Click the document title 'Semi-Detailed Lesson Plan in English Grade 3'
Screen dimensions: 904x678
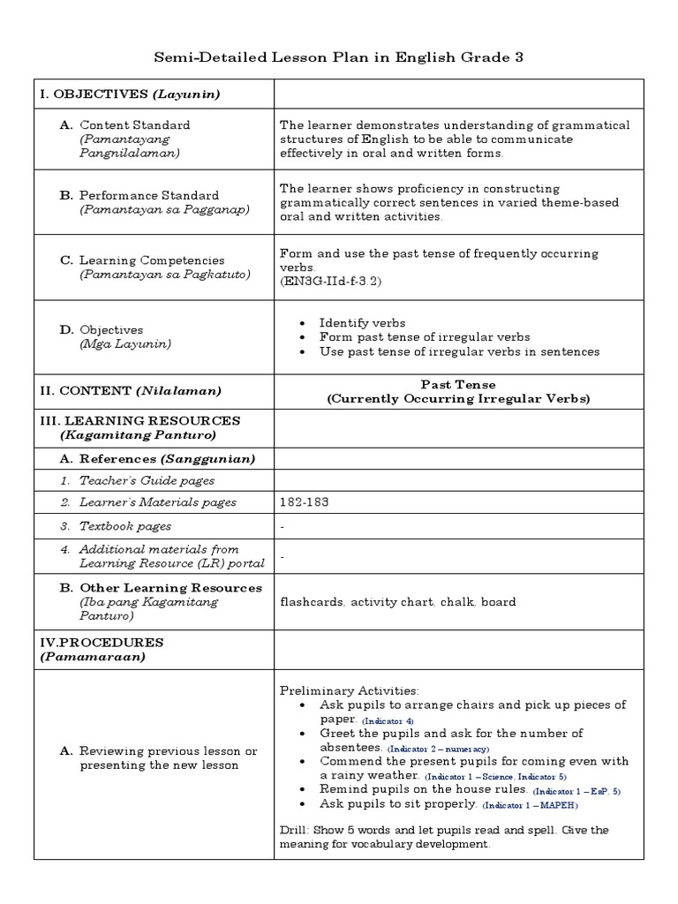pyautogui.click(x=339, y=57)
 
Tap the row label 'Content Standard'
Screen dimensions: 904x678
pyautogui.click(x=134, y=125)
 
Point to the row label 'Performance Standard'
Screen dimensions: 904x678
pyautogui.click(x=148, y=195)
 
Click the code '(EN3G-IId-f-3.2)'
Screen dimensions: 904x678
pyautogui.click(x=332, y=281)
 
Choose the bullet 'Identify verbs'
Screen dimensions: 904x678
pyautogui.click(x=362, y=323)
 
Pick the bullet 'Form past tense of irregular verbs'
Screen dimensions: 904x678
pyautogui.click(x=425, y=337)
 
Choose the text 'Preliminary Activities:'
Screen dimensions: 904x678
pyautogui.click(x=350, y=690)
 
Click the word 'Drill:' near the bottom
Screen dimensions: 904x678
pyautogui.click(x=297, y=831)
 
